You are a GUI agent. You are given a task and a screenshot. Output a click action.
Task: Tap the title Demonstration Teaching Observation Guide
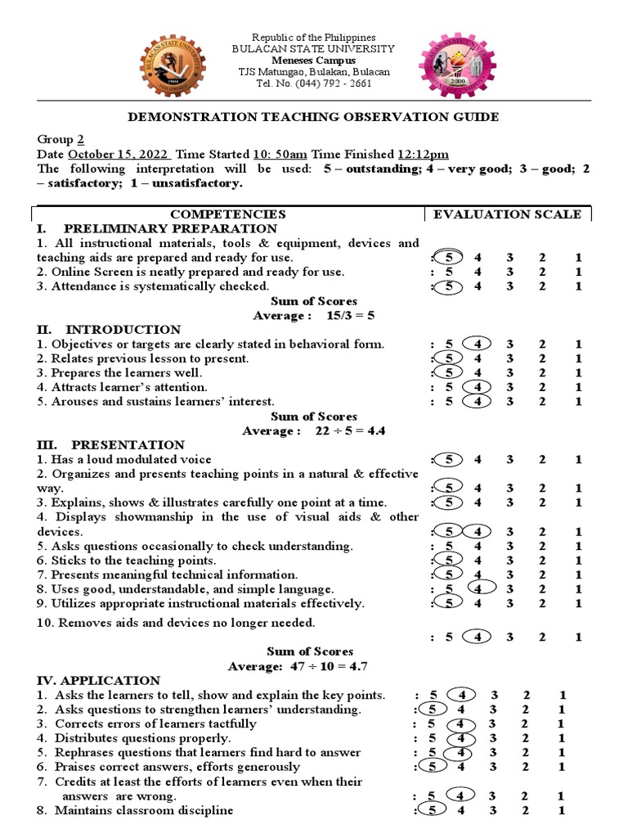coord(313,117)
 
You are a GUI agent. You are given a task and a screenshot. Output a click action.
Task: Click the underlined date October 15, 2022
coord(119,155)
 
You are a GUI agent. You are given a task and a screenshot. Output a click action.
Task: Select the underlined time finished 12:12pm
coord(423,155)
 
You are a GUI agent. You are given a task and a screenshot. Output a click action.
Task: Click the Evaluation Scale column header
coord(507,214)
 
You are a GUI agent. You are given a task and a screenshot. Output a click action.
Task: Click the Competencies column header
coord(228,214)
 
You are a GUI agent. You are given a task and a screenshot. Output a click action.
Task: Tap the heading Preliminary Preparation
coord(170,228)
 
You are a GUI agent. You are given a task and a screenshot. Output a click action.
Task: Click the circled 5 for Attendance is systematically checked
coord(448,286)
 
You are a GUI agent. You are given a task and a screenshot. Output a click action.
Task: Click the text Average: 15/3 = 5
coord(313,316)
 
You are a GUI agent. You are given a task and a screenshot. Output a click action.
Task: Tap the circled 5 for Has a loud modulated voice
coord(448,459)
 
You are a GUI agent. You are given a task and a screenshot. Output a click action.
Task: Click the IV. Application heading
coord(99,681)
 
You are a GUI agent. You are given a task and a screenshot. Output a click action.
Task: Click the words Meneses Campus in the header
coord(313,61)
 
